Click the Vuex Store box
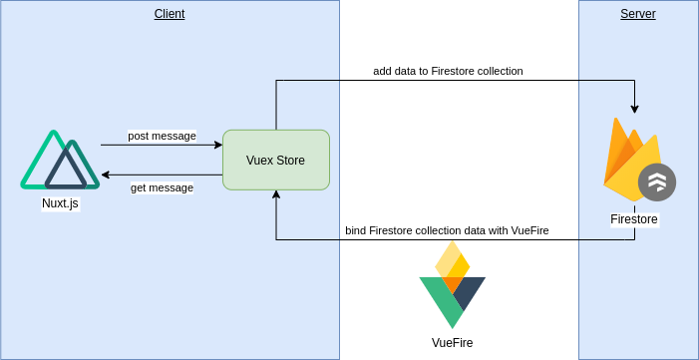pyautogui.click(x=276, y=160)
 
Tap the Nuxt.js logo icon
pyautogui.click(x=60, y=160)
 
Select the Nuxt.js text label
pyautogui.click(x=60, y=203)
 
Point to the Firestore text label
pyautogui.click(x=634, y=219)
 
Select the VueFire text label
pyautogui.click(x=452, y=343)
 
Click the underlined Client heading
pyautogui.click(x=170, y=14)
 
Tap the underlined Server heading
pyautogui.click(x=638, y=14)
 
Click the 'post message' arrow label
pyautogui.click(x=162, y=136)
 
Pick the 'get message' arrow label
pyautogui.click(x=162, y=187)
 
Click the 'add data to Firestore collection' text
pyautogui.click(x=448, y=71)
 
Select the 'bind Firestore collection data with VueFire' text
pyautogui.click(x=447, y=230)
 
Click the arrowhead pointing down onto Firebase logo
pyautogui.click(x=634, y=109)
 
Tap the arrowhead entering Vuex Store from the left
pyautogui.click(x=217, y=145)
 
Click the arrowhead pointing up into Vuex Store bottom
pyautogui.click(x=276, y=195)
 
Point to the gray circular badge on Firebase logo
pyautogui.click(x=657, y=181)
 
